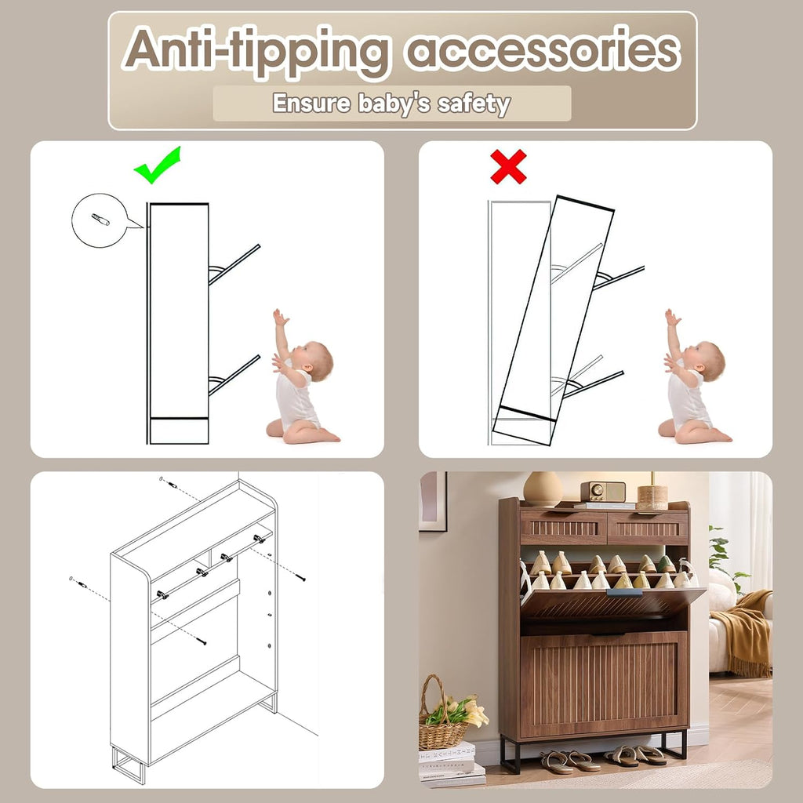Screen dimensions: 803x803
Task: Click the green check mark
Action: pyautogui.click(x=156, y=166)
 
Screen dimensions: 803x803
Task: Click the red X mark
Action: pyautogui.click(x=508, y=166)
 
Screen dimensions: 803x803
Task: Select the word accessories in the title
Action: pyautogui.click(x=543, y=51)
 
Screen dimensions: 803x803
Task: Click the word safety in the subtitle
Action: pyautogui.click(x=474, y=104)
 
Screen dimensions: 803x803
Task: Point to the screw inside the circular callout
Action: pyautogui.click(x=100, y=220)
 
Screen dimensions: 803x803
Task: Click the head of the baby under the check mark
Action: pyautogui.click(x=314, y=361)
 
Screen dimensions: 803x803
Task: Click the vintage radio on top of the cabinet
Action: pyautogui.click(x=603, y=492)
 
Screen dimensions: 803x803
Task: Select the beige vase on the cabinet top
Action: pyautogui.click(x=543, y=489)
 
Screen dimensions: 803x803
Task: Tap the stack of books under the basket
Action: pyautogui.click(x=451, y=764)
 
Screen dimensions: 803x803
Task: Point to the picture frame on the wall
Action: pyautogui.click(x=433, y=501)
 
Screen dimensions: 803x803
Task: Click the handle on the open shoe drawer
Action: pyautogui.click(x=624, y=593)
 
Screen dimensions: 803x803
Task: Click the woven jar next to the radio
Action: pyautogui.click(x=652, y=496)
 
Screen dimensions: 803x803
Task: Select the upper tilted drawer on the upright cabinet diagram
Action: pyautogui.click(x=234, y=265)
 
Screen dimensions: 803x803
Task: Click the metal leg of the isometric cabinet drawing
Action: pyautogui.click(x=129, y=766)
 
